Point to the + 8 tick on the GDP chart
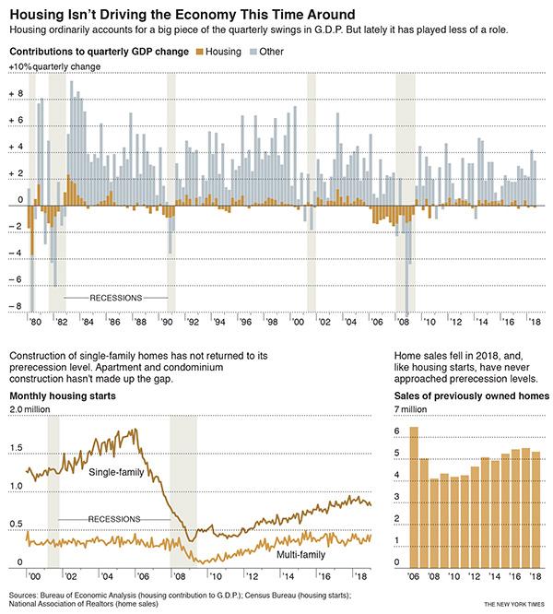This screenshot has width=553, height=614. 16,94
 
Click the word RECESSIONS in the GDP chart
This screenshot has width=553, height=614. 115,299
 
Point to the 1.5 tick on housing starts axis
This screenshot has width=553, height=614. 18,448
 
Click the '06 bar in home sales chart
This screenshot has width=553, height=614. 413,496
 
